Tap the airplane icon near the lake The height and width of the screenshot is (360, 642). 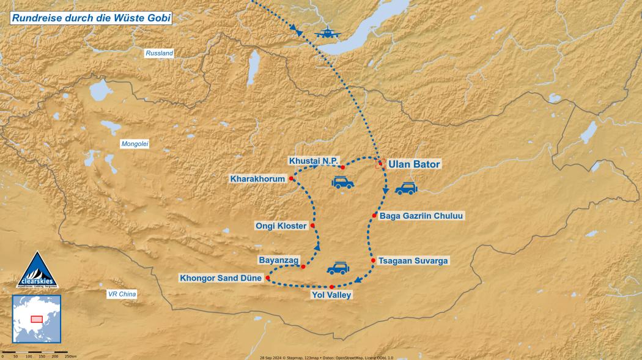point(328,34)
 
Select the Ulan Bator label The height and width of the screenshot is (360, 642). point(414,164)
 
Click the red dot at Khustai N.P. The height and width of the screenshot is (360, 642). point(342,167)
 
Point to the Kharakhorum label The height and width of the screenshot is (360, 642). point(258,179)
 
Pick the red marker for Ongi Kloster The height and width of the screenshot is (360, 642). point(312,226)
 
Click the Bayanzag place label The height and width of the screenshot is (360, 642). point(279,260)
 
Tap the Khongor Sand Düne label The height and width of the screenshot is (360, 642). point(220,278)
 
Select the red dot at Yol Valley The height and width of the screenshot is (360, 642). point(331,287)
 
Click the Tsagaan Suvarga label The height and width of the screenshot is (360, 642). point(413,261)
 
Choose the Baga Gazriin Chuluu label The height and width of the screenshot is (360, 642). point(422,216)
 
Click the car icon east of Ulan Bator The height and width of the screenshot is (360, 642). point(406,189)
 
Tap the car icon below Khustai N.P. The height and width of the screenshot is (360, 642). point(342,182)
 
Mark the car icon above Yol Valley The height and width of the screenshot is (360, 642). point(338,268)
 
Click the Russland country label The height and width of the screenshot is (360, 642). point(159,54)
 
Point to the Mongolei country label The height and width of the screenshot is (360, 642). point(135,144)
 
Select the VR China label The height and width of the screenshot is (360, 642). point(122,294)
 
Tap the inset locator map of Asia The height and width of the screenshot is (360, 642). point(37,318)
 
